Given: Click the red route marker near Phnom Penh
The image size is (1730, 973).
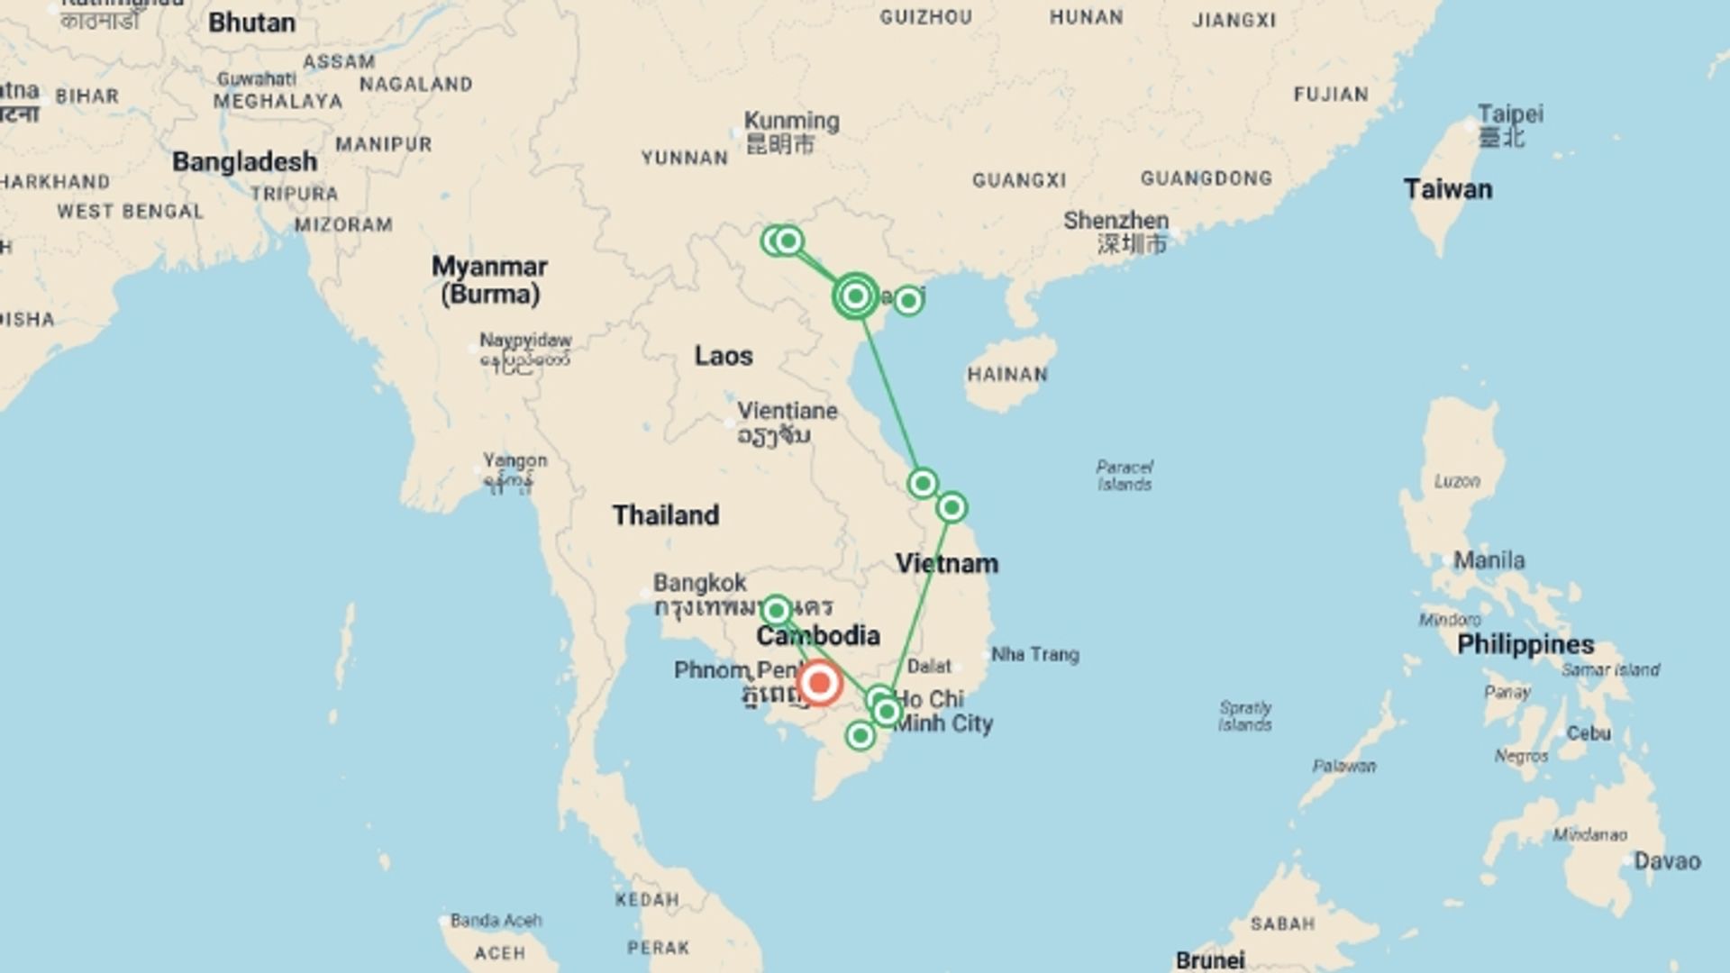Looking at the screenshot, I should [x=819, y=683].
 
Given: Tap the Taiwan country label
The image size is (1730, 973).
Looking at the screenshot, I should [x=1447, y=189].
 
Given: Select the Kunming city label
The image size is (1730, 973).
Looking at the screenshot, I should [x=791, y=122].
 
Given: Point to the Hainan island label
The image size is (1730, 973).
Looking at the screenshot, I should [x=1007, y=374].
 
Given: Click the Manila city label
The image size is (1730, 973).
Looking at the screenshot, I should [x=1489, y=560].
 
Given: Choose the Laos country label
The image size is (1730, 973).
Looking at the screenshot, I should [x=724, y=356].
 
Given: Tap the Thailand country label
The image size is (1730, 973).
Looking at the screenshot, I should [x=666, y=515].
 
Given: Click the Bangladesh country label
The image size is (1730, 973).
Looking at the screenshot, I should [x=244, y=162].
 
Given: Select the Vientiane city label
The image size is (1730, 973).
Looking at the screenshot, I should [x=788, y=412].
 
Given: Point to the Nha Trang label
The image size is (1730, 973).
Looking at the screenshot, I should [x=1035, y=655].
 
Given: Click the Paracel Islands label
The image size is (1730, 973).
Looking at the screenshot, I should [x=1124, y=476].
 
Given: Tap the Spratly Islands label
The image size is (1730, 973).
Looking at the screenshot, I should [x=1245, y=716].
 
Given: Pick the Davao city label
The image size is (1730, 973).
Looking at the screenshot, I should [x=1667, y=861].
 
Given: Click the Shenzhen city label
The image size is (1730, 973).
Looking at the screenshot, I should [x=1115, y=221].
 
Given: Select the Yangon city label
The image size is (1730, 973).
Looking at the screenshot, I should [x=514, y=461].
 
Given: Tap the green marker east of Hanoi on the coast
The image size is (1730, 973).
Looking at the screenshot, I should [x=908, y=300].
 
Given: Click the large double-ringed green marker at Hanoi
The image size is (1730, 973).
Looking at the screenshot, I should [x=856, y=296].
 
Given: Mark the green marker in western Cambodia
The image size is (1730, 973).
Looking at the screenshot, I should [x=777, y=612].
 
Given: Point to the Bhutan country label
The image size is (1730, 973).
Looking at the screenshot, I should [x=251, y=23].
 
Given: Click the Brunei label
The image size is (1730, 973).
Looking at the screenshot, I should [x=1210, y=960].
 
